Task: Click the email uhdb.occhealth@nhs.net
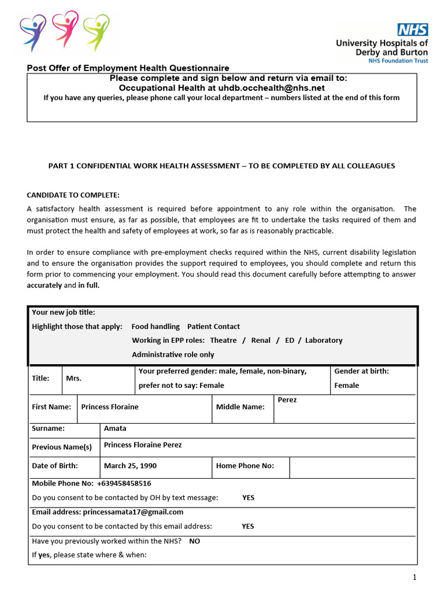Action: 271,88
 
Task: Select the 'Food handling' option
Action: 156,326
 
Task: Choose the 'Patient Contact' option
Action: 213,326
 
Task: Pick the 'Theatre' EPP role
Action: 223,340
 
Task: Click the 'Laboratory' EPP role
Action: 324,340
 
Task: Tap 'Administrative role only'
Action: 173,354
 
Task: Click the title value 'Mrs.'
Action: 74,378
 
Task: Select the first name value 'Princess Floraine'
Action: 110,406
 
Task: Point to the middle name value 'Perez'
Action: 287,399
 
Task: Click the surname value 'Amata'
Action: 115,428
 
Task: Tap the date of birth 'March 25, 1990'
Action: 130,465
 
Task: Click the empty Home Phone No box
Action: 352,466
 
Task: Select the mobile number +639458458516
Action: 124,483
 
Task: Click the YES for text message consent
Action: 248,497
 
